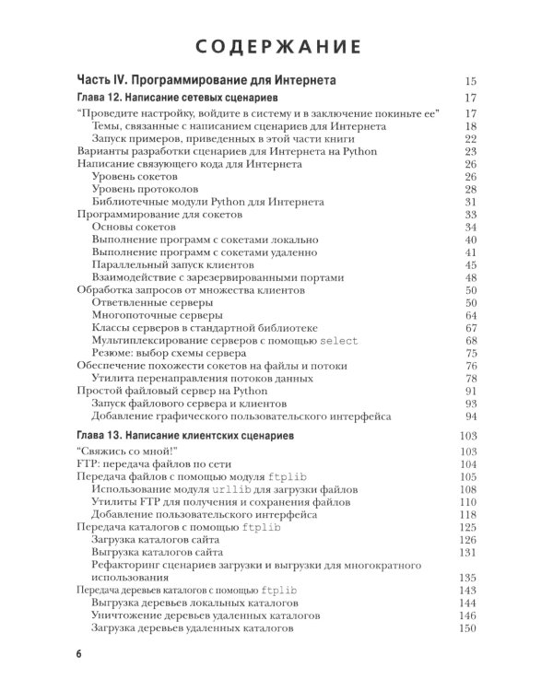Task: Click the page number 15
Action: (470, 81)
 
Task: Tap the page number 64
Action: (470, 315)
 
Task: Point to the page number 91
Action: (470, 391)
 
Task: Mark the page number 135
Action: (467, 578)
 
